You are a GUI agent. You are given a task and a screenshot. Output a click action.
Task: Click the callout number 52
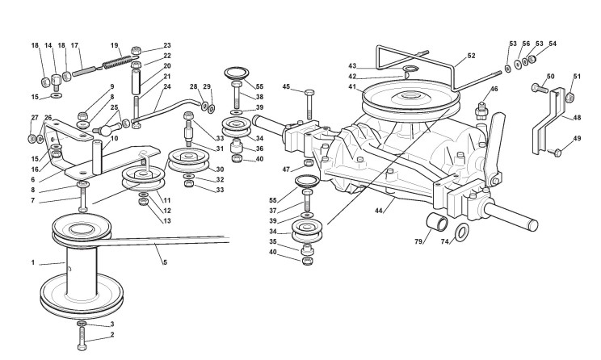[471, 56]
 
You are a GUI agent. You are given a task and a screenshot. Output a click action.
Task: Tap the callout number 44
[379, 210]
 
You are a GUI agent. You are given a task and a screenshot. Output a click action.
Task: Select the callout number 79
[418, 241]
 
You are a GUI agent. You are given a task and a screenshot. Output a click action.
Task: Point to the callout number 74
[444, 241]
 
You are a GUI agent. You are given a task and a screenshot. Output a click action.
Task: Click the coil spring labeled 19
[117, 62]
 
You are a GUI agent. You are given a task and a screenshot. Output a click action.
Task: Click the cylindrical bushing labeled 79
[437, 222]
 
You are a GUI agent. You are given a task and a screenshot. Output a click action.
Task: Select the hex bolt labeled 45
[309, 105]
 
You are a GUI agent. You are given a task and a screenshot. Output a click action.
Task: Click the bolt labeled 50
[540, 88]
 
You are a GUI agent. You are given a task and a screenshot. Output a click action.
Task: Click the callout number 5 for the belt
[165, 262]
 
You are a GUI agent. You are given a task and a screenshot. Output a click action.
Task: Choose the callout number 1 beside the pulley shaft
[33, 262]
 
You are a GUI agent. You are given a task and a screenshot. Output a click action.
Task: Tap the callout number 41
[352, 86]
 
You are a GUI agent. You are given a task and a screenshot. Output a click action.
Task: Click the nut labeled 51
[569, 97]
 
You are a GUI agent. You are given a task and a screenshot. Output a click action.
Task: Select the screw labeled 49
[555, 152]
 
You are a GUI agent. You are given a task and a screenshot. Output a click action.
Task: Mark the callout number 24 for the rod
[166, 86]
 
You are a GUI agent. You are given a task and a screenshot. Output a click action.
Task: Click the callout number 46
[494, 89]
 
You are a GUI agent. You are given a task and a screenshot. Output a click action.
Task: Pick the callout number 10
[114, 138]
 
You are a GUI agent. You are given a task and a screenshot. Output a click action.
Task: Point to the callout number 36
[259, 149]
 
